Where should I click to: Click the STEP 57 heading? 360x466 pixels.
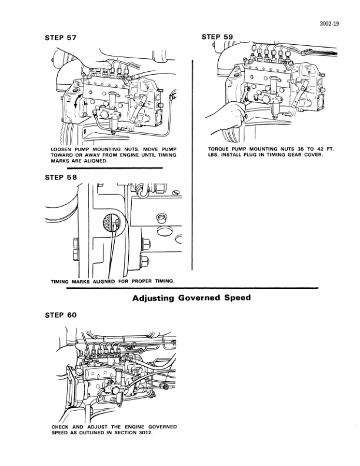click(61, 37)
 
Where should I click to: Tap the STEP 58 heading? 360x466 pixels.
click(61, 177)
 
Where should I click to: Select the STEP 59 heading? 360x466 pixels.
click(217, 36)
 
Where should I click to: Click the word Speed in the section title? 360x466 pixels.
click(237, 298)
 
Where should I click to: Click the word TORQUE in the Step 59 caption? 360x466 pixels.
click(220, 149)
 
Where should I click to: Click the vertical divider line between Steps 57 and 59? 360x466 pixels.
click(193, 106)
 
